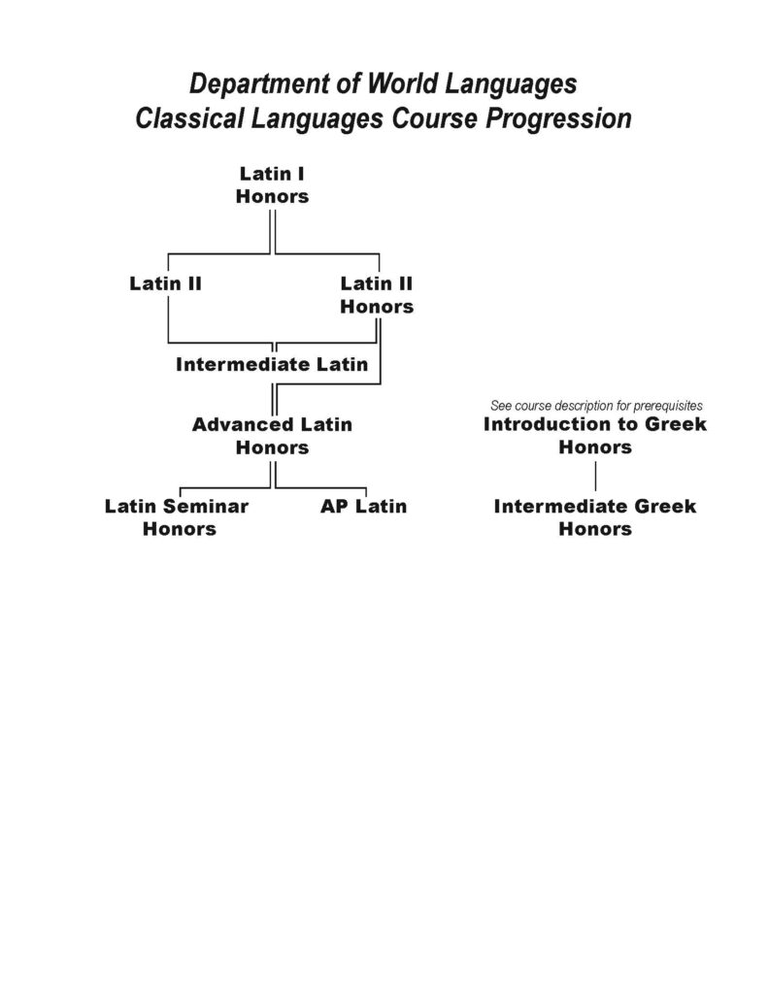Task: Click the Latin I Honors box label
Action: click(x=272, y=184)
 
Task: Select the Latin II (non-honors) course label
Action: click(x=165, y=283)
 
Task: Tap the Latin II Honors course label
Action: click(x=377, y=295)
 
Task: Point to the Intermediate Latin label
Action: click(x=272, y=365)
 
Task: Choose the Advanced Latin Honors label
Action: click(x=272, y=436)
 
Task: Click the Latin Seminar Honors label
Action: click(x=177, y=517)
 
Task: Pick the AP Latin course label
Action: click(x=363, y=506)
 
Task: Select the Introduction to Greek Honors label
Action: click(x=595, y=435)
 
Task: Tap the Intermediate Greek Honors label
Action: click(x=595, y=517)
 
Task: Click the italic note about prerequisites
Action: click(x=596, y=406)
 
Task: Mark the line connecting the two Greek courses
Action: click(x=595, y=476)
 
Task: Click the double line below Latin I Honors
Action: click(x=273, y=232)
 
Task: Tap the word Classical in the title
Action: click(x=189, y=118)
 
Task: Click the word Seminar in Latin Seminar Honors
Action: click(x=206, y=506)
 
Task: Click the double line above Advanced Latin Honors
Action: click(x=274, y=399)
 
